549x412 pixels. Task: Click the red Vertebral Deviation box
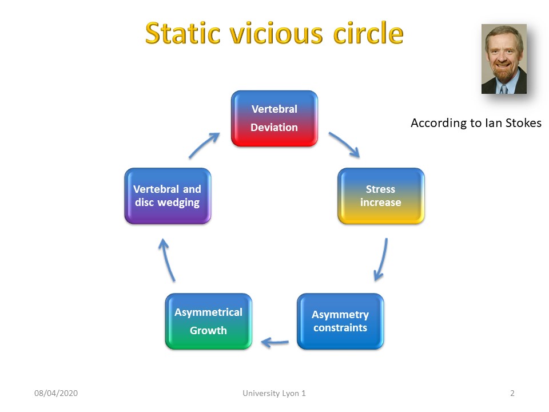274,118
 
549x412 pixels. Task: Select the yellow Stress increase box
381,196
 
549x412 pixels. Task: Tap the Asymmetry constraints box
340,321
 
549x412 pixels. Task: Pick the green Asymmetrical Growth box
209,321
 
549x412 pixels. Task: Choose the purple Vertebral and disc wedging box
168,196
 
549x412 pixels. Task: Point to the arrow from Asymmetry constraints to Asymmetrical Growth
275,342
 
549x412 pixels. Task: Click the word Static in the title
182,33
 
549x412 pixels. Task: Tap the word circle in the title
368,33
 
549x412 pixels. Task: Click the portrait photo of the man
504,59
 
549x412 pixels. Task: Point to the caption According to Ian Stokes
476,123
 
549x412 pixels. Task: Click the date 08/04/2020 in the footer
56,393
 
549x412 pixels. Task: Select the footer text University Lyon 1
274,394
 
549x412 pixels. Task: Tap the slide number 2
512,393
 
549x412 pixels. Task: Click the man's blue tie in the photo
503,89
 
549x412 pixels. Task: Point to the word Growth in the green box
208,330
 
